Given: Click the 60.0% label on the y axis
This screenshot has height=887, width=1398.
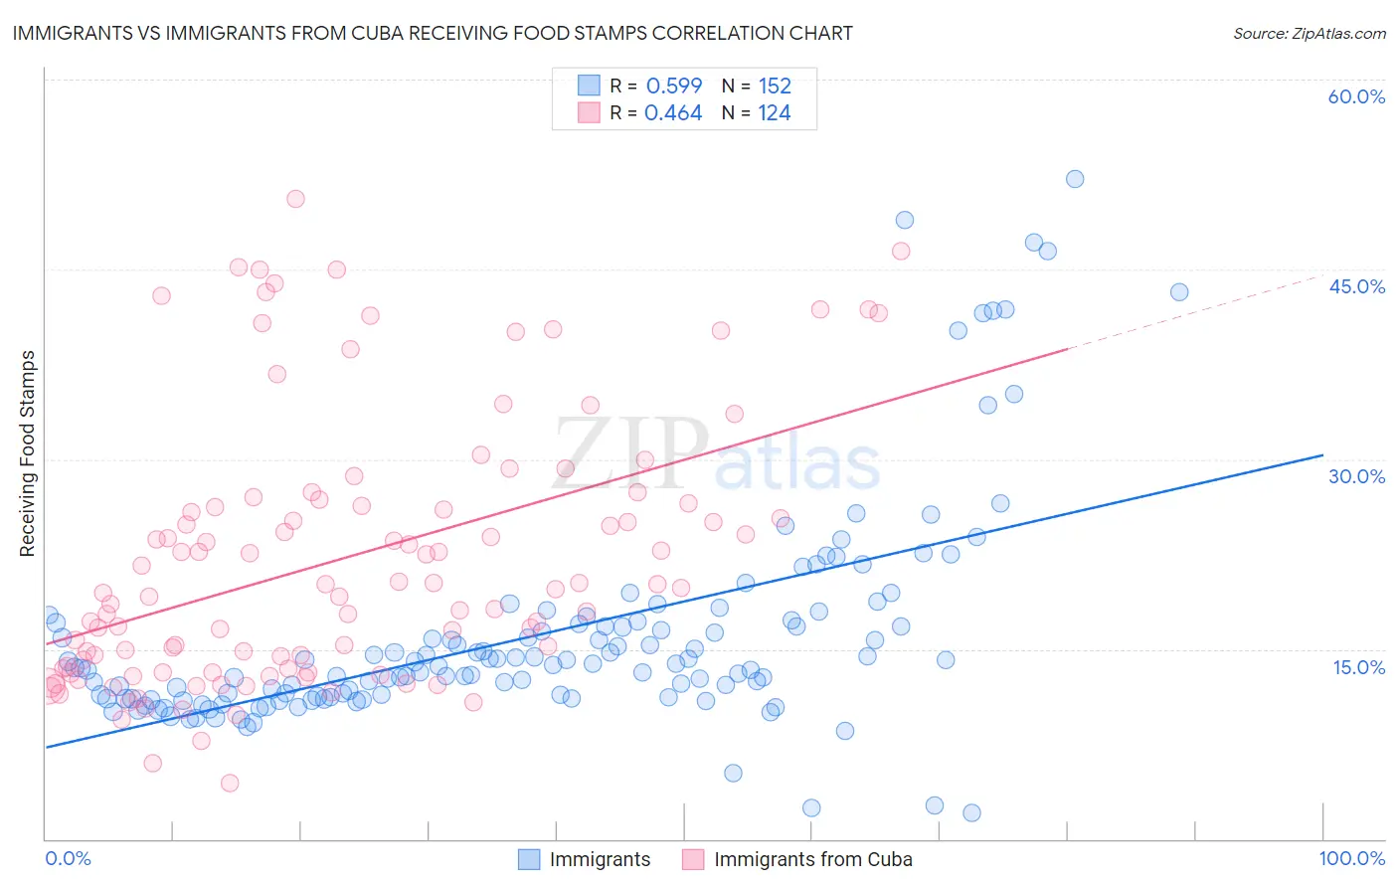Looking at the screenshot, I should click(1356, 97).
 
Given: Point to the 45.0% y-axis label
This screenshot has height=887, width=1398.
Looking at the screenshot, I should click(1356, 287).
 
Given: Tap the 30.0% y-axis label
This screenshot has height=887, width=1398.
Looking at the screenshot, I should click(1356, 477).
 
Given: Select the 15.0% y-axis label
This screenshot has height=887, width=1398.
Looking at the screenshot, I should click(1358, 667).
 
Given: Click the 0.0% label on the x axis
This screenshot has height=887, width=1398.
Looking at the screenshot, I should click(68, 859).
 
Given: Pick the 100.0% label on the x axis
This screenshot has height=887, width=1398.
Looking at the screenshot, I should click(1351, 859).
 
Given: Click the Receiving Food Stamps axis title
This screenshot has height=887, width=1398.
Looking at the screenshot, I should click(28, 453).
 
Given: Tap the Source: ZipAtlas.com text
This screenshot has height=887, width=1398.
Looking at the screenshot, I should click(1309, 34).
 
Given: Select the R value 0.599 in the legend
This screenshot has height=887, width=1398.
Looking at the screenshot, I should click(674, 87).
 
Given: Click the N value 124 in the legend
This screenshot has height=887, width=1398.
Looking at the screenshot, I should click(775, 113).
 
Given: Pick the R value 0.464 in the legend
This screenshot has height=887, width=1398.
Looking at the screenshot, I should click(673, 113).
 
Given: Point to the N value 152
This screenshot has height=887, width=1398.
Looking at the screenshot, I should click(775, 87).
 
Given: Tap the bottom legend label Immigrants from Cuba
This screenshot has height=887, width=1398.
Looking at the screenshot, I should click(812, 860).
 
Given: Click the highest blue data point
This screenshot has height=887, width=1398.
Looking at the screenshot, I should click(1075, 179).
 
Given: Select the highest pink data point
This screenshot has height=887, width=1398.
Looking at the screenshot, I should click(295, 199).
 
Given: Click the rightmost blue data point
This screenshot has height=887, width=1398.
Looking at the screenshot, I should click(1179, 292).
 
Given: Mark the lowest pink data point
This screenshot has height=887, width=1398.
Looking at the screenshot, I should click(230, 784).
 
